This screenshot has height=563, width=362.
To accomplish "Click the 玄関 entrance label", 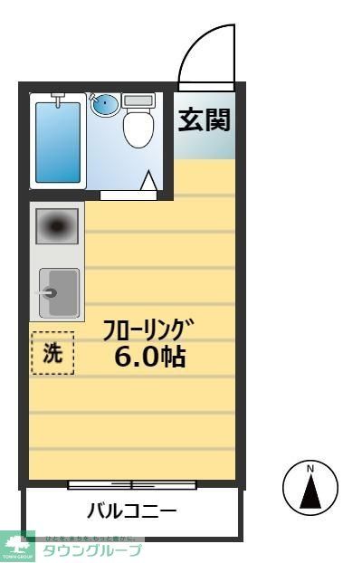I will pyautogui.click(x=205, y=120).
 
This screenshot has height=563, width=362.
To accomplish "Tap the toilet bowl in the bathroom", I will pyautogui.click(x=138, y=130).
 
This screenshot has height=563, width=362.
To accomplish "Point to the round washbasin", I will pyautogui.click(x=105, y=104).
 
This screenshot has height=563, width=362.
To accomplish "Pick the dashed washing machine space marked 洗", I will pyautogui.click(x=52, y=353).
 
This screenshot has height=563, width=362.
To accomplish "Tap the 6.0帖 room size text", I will pyautogui.click(x=149, y=357).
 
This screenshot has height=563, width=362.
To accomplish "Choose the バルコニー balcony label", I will pyautogui.click(x=131, y=512).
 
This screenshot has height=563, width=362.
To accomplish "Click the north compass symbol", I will pyautogui.click(x=310, y=489).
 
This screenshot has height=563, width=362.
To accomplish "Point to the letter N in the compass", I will pyautogui.click(x=310, y=469).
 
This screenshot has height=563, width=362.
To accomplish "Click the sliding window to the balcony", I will pyautogui.click(x=132, y=485).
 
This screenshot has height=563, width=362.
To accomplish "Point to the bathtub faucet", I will pyautogui.click(x=58, y=97).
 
